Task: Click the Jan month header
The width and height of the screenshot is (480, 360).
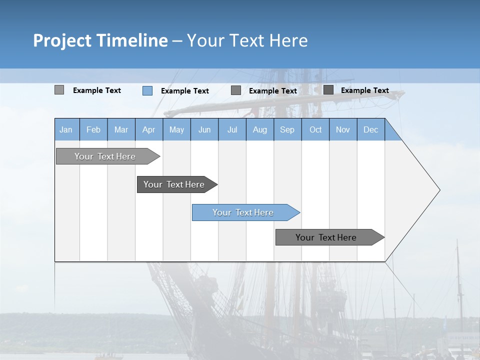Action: [66, 129]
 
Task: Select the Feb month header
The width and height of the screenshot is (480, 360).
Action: [93, 129]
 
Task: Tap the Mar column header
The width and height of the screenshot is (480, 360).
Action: [121, 129]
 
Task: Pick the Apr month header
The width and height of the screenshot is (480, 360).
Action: [149, 129]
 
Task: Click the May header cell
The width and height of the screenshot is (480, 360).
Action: [176, 129]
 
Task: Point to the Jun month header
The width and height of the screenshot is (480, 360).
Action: [204, 129]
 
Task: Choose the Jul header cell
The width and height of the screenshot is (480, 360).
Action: [232, 129]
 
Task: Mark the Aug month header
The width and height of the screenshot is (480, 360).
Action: [260, 129]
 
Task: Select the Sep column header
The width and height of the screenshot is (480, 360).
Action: [287, 129]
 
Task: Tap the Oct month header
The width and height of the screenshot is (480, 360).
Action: [315, 129]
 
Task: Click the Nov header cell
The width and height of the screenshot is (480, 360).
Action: [343, 129]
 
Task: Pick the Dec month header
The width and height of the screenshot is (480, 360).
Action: [371, 129]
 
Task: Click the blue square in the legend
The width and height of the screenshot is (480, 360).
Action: [147, 90]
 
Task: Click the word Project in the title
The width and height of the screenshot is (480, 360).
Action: [62, 40]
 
